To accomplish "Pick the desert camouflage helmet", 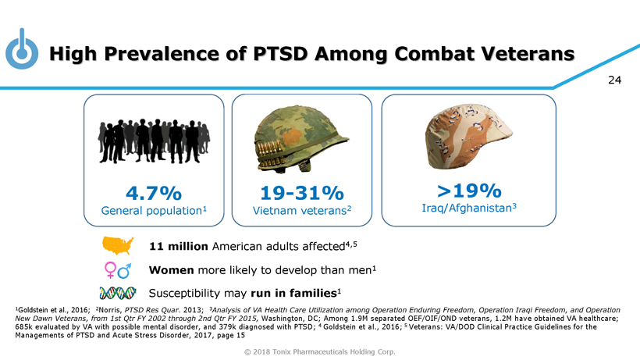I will coord(469,136).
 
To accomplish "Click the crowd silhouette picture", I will coord(154,140).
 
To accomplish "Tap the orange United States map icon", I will coord(119,246).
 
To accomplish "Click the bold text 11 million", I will coord(178,247).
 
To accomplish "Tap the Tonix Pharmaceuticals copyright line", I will coord(320,351).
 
